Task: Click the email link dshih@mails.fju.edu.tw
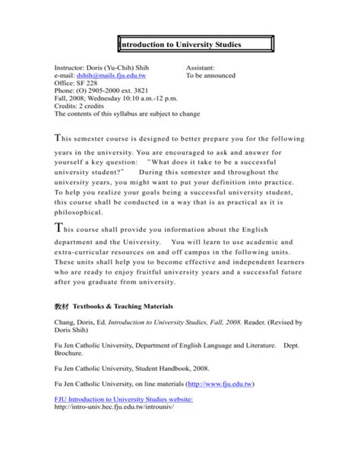[x=114, y=76]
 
